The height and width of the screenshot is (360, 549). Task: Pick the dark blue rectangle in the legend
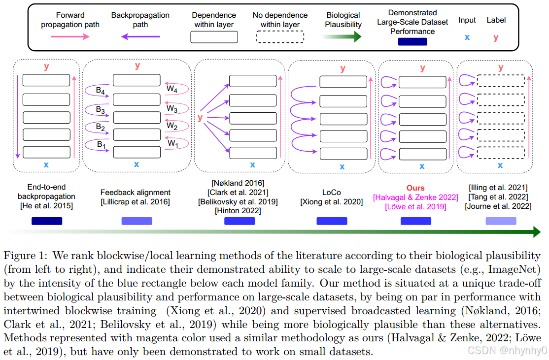coord(412,42)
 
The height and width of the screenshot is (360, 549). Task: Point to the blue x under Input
coord(467,37)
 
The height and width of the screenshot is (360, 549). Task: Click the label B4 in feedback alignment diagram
coord(101,91)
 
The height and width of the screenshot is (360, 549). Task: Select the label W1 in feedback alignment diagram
coord(172,143)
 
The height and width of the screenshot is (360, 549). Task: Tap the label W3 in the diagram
coord(172,108)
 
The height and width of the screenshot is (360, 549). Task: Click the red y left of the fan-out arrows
coord(200,118)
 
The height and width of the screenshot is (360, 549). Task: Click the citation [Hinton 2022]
coord(238,211)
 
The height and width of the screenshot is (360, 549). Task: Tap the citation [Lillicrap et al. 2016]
coord(136,201)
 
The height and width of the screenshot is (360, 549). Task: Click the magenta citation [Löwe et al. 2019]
coord(416,206)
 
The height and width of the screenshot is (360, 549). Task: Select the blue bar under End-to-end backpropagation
coord(47,221)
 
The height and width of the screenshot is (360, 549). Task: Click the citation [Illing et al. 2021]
coord(498,188)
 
